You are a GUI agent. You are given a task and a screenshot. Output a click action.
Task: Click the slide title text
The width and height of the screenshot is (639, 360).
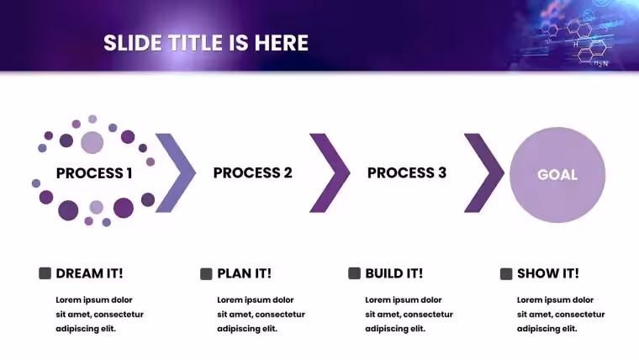pos(206,43)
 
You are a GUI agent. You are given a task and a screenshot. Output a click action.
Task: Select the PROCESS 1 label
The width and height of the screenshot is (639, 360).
pos(94,173)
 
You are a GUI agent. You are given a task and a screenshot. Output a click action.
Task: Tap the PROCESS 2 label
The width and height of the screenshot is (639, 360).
pos(253,173)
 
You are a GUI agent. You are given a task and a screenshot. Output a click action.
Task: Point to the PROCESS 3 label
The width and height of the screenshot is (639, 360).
pos(407,173)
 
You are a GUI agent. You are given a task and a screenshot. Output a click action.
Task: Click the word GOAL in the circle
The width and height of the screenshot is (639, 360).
pos(557,175)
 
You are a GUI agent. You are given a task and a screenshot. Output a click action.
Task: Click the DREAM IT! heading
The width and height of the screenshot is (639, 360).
pos(89,273)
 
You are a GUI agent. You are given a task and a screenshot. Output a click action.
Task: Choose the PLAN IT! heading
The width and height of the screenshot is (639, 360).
pos(244,273)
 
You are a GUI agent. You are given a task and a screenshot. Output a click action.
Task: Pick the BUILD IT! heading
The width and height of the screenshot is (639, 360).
pos(394,273)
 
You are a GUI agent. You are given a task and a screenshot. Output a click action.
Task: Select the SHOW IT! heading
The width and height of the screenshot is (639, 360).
pos(547,273)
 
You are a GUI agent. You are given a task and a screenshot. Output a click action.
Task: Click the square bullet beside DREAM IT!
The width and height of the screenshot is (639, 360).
pos(45,273)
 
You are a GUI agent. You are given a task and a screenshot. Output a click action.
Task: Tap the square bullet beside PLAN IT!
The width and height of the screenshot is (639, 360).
pos(206,273)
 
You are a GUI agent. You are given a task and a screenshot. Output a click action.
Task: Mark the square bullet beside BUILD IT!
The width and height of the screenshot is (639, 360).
pos(355,273)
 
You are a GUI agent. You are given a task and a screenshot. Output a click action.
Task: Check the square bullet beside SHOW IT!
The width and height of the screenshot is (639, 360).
pos(506,273)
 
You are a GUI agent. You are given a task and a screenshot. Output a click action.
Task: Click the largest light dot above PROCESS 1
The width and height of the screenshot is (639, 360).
pos(92,142)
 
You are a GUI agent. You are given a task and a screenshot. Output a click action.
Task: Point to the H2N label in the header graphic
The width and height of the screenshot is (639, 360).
pos(600,64)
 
